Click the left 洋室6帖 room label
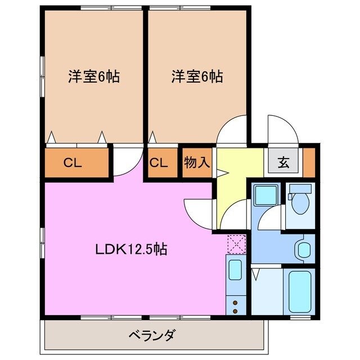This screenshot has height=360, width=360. coord(94,77)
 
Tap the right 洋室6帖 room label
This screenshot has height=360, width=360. coord(197,77)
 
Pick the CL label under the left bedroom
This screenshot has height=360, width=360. coord(73,163)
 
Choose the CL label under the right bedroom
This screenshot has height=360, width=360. coord(159,163)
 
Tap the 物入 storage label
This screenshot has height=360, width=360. coord(196,163)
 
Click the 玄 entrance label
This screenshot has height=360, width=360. coord(283,163)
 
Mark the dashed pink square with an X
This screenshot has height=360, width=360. coord(236,244)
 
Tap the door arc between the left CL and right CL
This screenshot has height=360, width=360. coord(126,160)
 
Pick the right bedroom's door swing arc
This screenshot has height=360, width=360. coord(232,130)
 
